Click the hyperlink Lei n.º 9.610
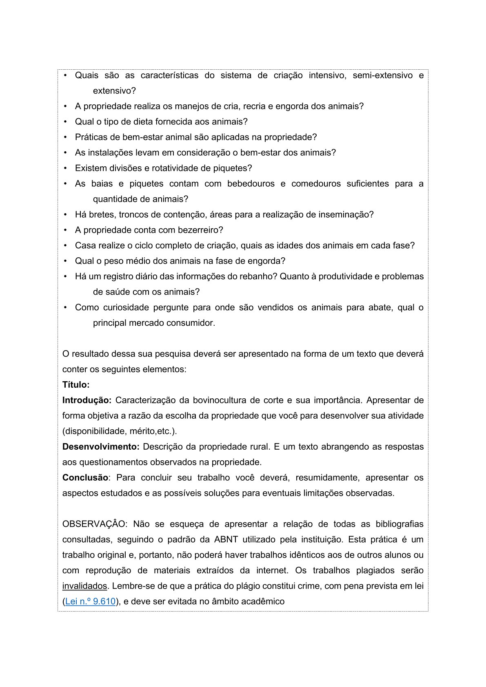click(x=90, y=601)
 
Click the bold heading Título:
click(x=76, y=384)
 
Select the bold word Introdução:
click(x=87, y=400)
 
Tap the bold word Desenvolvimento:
click(x=101, y=446)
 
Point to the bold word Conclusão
click(x=85, y=477)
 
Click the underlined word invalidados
click(x=84, y=586)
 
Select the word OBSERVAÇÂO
click(x=95, y=524)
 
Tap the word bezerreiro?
click(x=200, y=230)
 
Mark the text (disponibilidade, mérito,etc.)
click(x=120, y=431)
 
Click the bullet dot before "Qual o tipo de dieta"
click(x=65, y=121)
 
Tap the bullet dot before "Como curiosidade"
click(x=65, y=307)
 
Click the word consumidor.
click(x=194, y=323)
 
